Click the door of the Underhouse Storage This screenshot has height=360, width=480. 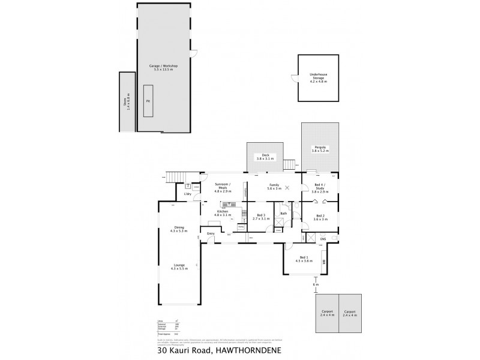pos(294,78)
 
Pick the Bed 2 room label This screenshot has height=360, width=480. pos(320,217)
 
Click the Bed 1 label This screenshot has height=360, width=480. pos(304,259)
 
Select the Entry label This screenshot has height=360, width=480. pos(211,233)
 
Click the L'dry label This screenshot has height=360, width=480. pos(187,194)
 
